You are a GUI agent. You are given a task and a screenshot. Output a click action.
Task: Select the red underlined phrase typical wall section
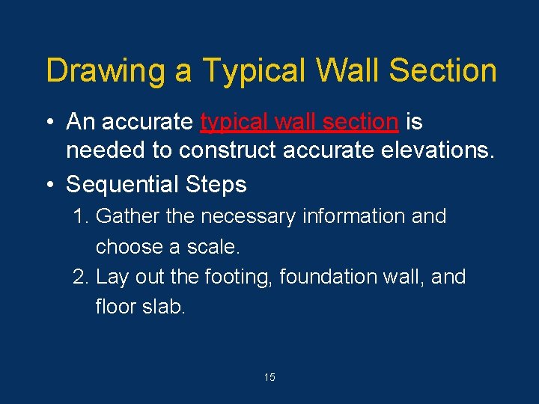pyautogui.click(x=299, y=121)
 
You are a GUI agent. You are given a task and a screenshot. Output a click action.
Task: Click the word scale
pyautogui.click(x=214, y=247)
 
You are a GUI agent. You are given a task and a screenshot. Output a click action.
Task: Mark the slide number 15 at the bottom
pyautogui.click(x=269, y=378)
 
